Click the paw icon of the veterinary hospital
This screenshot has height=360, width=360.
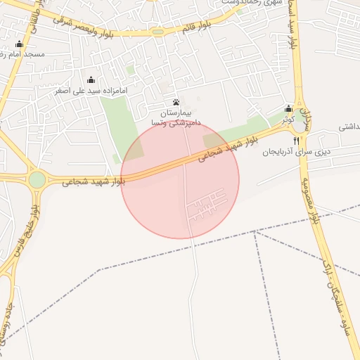coord(176,102)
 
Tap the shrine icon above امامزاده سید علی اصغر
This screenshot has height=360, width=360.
coord(91,80)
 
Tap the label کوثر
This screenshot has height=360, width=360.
coord(288,120)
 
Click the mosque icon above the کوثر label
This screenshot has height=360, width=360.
coord(288,109)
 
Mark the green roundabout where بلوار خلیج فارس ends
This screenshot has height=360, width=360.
coord(37,179)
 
